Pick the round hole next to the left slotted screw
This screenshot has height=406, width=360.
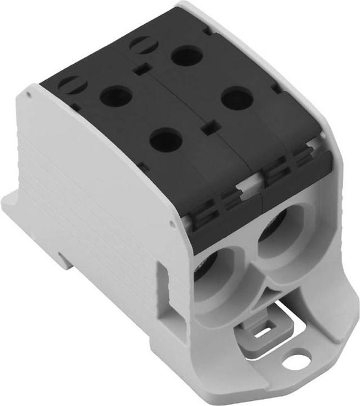point(115,96)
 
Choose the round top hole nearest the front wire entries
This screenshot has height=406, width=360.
point(166,140)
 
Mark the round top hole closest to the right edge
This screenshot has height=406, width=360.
point(236,100)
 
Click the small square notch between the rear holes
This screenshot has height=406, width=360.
point(141,70)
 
